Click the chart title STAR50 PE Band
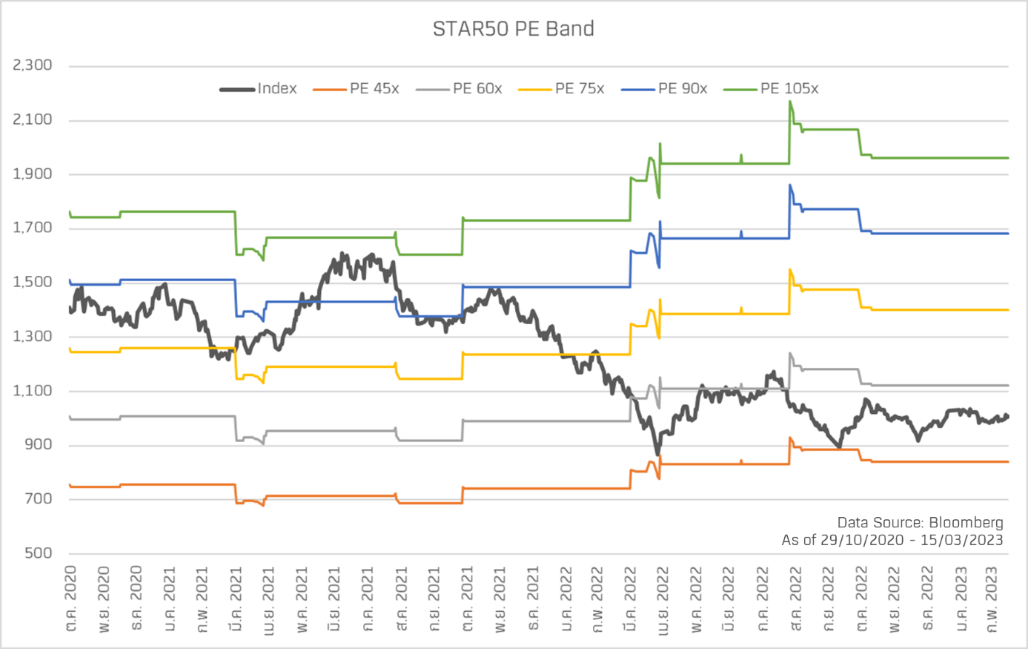[513, 29]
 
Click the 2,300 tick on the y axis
[33, 65]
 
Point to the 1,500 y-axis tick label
[33, 282]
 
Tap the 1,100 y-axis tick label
[33, 391]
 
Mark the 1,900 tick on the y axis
[33, 174]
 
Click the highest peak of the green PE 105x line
[790, 102]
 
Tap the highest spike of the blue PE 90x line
[790, 185]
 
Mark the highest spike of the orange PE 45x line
[790, 438]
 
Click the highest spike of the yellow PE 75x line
[790, 270]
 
